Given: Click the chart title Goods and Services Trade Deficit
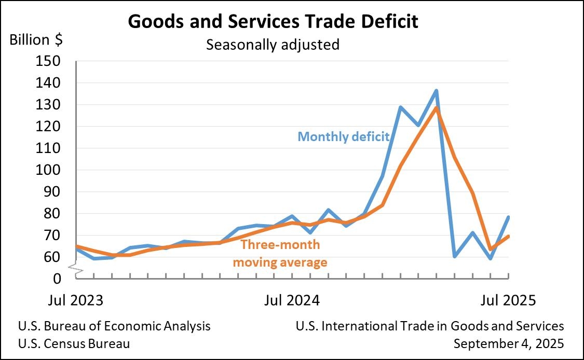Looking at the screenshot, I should coord(273,22).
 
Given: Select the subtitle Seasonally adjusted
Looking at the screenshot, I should coord(273,45).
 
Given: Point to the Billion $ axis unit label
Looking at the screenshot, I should coord(36,39).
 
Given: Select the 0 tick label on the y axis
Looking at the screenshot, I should coord(58,279).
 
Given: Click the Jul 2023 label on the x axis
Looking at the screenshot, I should coord(76,301).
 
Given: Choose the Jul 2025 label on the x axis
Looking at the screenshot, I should coord(507,301).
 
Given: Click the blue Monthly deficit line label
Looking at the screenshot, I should coord(343,137).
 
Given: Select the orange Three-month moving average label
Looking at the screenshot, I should coord(280,253).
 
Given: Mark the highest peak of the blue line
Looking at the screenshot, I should coord(437,91).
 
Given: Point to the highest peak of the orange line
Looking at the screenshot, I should coord(437,107).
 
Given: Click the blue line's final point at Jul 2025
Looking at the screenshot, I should coord(508,217).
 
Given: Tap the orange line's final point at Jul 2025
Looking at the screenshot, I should coord(508,236).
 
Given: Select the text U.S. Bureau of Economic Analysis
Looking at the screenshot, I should coord(114,326).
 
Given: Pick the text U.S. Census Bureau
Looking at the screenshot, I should coord(74,343).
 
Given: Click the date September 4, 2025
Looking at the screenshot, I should coord(509,343).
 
